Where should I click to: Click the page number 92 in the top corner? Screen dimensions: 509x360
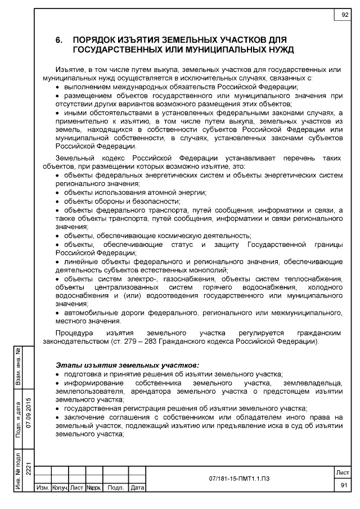click(344, 15)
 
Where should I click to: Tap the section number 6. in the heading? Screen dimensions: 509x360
click(58, 41)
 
